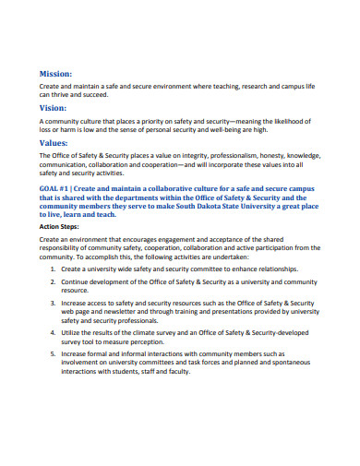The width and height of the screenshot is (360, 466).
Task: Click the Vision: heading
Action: click(54, 107)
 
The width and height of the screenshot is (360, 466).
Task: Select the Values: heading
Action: click(54, 144)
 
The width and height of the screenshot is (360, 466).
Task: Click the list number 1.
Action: click(54, 268)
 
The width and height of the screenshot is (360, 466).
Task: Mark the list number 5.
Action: click(54, 352)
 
